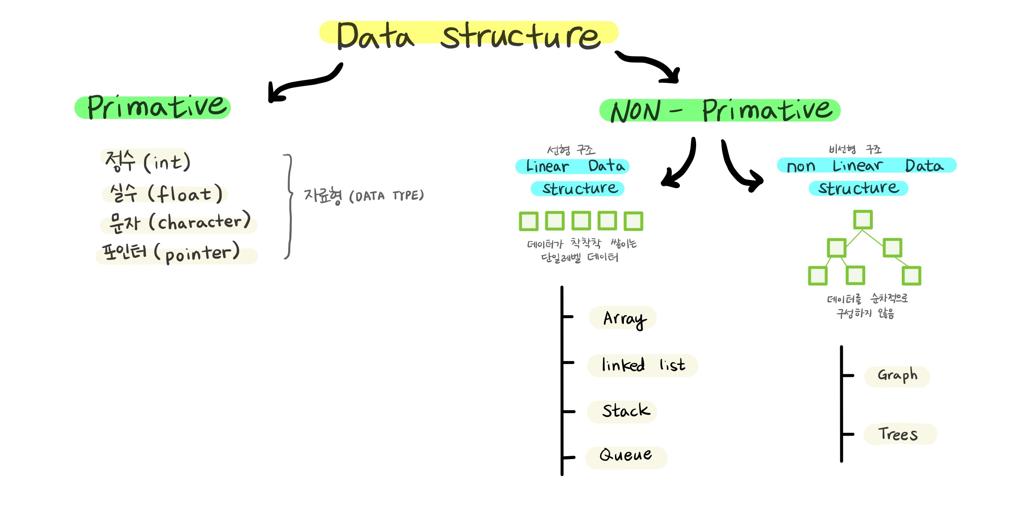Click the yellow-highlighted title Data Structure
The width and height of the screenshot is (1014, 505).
[x=468, y=35]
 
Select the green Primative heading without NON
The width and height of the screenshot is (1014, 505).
[x=153, y=107]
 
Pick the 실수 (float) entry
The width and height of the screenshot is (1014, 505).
[x=165, y=194]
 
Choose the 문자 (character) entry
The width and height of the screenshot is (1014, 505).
[x=179, y=223]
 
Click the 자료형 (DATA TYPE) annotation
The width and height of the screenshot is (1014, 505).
[x=363, y=196]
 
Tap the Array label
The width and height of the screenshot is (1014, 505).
[x=623, y=318]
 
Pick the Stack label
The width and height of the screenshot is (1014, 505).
[x=625, y=411]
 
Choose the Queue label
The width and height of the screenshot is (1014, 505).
[x=625, y=455]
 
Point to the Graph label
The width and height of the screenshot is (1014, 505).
[x=897, y=376]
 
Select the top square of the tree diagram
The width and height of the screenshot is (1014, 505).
[x=863, y=220]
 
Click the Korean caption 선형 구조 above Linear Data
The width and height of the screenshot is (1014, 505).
[x=571, y=150]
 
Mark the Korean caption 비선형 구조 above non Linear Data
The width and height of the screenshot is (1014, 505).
[x=855, y=149]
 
